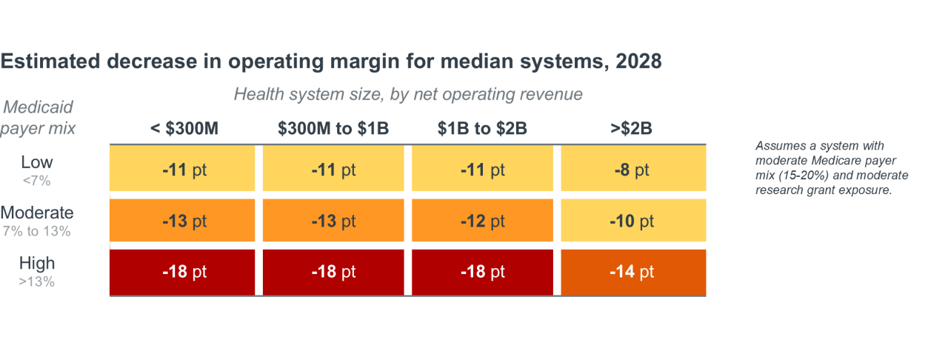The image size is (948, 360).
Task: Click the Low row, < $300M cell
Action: pos(182,168)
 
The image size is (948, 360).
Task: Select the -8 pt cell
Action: pos(633,168)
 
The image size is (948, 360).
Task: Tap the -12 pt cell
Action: pos(482,220)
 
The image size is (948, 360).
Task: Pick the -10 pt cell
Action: pos(633,220)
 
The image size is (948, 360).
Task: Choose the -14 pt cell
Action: pos(633,272)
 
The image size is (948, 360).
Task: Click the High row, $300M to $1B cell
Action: pos(333,272)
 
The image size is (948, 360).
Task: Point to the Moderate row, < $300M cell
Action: pos(182,220)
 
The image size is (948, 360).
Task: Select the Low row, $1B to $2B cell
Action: pos(482,168)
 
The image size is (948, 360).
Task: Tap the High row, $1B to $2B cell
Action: pos(482,272)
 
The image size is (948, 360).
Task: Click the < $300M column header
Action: pos(184,128)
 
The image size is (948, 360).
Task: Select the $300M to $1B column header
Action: pos(333,128)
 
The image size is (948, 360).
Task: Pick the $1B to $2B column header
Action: pos(482,128)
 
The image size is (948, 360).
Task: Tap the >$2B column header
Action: pos(631,128)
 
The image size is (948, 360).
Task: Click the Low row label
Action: pos(37,162)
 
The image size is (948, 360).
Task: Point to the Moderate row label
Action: pos(37,213)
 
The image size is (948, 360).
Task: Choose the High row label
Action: pos(37,264)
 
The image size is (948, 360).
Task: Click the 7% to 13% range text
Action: pos(37,231)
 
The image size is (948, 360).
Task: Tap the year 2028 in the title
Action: pos(638,61)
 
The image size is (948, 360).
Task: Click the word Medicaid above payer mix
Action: pos(38,107)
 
